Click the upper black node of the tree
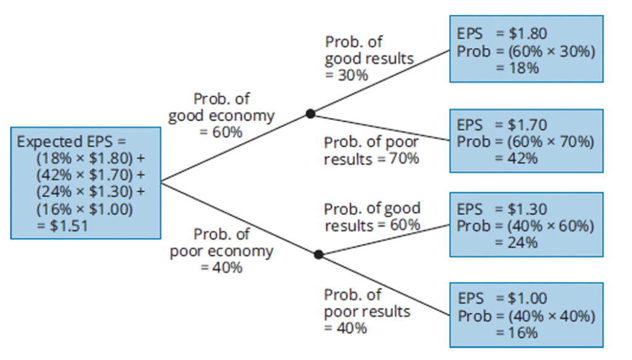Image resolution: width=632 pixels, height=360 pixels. click(310, 114)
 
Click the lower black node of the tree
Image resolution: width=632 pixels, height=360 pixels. click(318, 254)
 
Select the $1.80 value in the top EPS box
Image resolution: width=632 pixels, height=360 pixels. click(528, 33)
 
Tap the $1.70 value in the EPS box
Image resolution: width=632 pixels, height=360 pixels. click(527, 125)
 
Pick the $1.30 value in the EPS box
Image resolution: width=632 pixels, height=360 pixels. click(527, 209)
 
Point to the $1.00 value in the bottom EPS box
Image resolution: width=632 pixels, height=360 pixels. click(527, 298)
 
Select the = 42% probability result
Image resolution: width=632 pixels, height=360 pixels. click(517, 159)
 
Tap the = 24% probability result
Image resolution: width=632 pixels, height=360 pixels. click(517, 243)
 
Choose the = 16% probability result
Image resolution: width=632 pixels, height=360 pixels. click(517, 333)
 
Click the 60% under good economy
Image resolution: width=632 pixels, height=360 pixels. click(227, 132)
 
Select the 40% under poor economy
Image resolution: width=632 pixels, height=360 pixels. click(227, 267)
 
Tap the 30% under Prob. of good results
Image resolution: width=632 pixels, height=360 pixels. click(352, 75)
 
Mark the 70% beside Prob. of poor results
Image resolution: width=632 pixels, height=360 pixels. click(404, 159)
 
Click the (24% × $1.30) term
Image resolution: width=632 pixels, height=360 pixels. click(85, 191)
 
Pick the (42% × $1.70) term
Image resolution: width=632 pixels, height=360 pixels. click(85, 175)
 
